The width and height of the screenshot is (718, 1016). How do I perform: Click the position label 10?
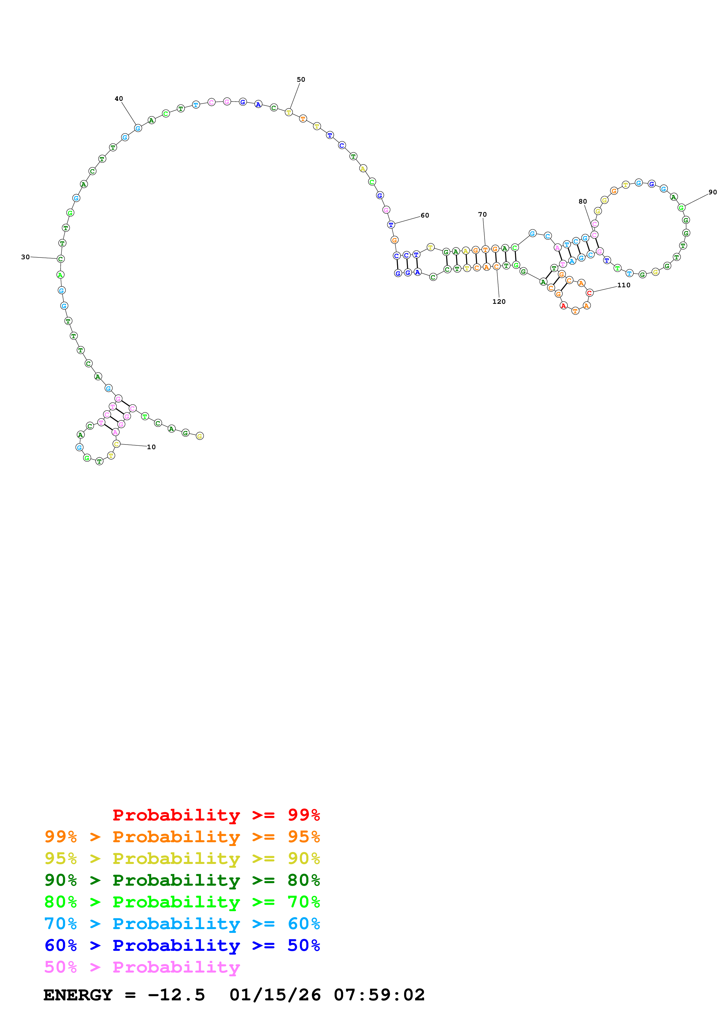coord(151,447)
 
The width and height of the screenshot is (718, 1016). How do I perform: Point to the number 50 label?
coord(301,80)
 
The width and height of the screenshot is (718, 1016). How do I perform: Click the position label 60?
coord(425,215)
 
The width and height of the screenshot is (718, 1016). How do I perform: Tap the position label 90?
coord(712,192)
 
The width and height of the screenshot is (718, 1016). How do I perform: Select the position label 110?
coord(624,285)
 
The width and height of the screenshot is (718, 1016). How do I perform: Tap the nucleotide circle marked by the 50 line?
coord(289,112)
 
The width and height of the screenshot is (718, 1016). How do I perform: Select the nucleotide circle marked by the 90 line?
coord(681,208)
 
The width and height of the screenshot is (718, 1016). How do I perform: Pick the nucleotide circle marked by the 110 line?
coord(589,293)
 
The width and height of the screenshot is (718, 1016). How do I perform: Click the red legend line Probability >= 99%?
coord(216,815)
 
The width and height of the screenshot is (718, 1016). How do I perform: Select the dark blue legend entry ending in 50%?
coord(182,945)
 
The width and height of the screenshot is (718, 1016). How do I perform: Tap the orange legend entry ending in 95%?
coord(182,836)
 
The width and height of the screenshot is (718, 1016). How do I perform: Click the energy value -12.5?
coord(176,995)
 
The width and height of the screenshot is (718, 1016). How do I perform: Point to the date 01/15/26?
coord(275,995)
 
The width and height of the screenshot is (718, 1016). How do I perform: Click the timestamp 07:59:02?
coord(379,995)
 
